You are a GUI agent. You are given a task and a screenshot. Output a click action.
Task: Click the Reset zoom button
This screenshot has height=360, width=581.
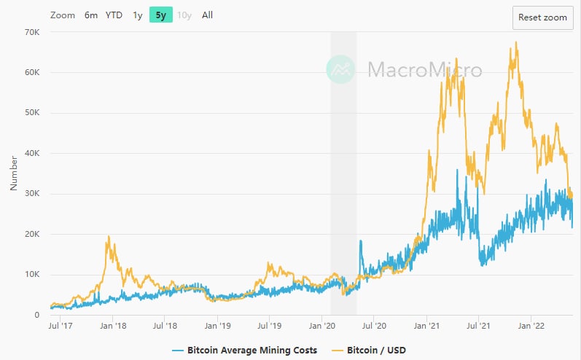(x=542, y=17)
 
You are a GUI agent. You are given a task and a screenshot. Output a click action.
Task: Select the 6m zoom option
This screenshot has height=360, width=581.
(x=91, y=15)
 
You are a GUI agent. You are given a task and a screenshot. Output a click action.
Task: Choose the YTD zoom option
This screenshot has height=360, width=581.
(x=114, y=15)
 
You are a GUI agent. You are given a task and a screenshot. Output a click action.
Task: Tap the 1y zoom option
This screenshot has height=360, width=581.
(x=138, y=15)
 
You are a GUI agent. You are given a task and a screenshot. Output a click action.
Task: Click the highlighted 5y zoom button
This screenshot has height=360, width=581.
(x=161, y=15)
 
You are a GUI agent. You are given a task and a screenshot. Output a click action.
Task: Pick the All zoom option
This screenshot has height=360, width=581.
(x=208, y=15)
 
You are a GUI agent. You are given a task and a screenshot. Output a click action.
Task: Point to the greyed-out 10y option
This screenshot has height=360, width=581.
(x=184, y=15)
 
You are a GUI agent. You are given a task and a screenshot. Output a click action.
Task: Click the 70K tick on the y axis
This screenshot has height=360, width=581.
(x=31, y=32)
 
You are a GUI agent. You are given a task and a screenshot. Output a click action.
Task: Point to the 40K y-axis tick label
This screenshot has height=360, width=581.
(x=31, y=153)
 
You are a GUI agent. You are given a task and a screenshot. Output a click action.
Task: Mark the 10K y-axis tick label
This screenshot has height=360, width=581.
(x=31, y=275)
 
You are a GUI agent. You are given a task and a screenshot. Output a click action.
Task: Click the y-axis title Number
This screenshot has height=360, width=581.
(x=13, y=173)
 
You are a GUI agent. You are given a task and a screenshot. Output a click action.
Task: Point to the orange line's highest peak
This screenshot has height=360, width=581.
(x=516, y=42)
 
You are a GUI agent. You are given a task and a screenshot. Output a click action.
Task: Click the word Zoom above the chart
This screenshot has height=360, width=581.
(x=63, y=15)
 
